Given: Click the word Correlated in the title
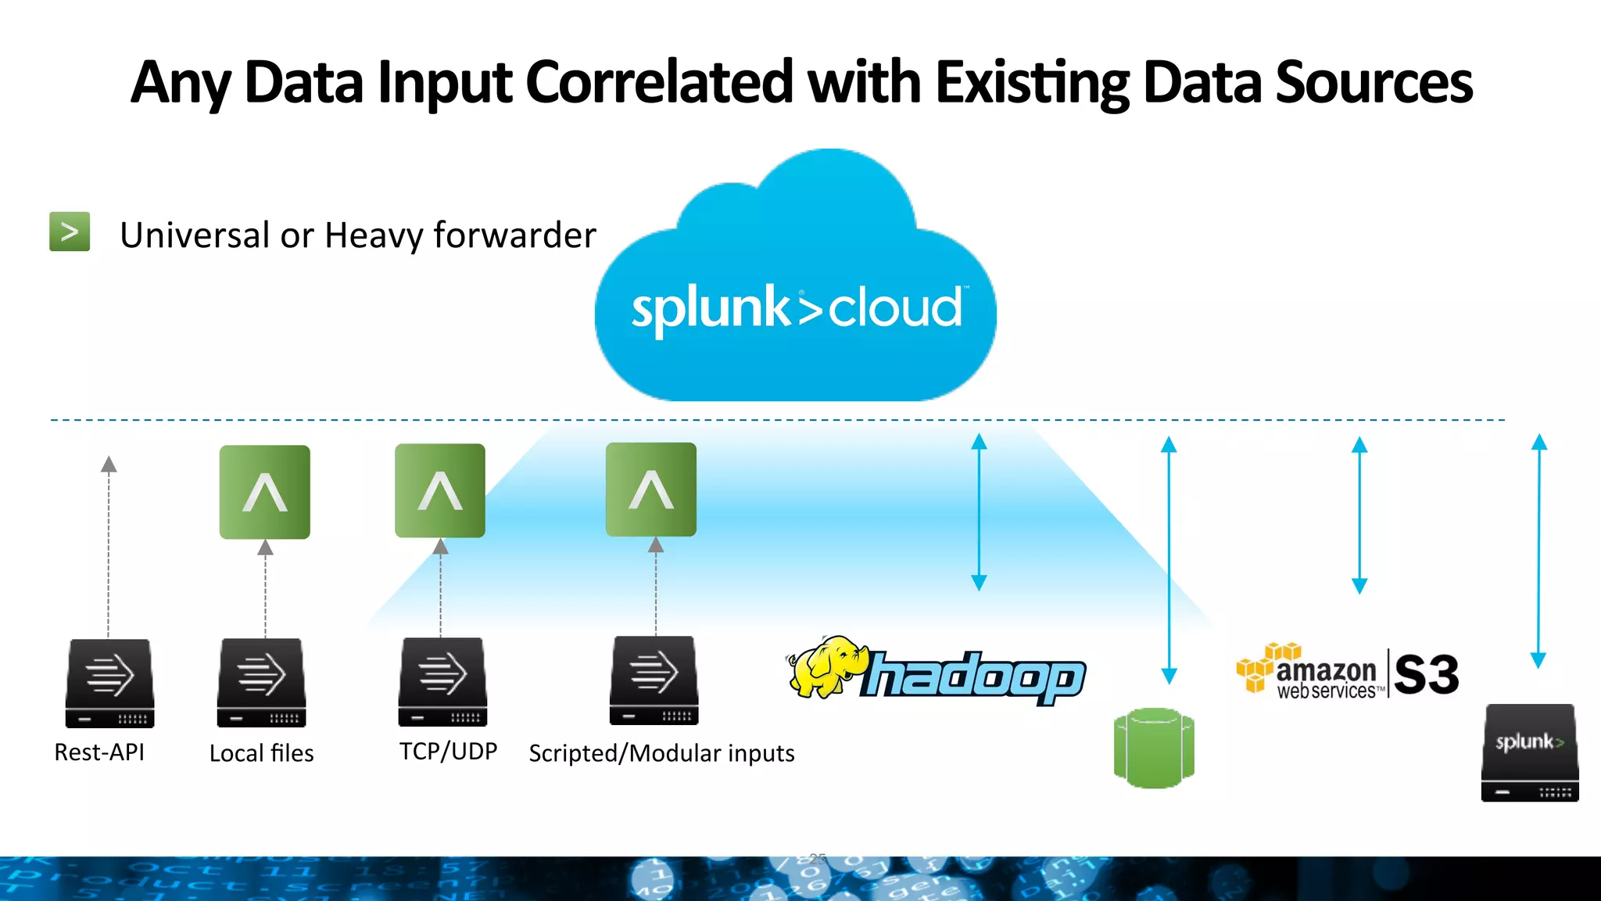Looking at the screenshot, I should pyautogui.click(x=659, y=82).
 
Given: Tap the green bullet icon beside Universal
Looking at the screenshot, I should pyautogui.click(x=70, y=232).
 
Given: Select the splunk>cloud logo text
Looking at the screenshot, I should pyautogui.click(x=797, y=308).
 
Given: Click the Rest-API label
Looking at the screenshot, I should pyautogui.click(x=99, y=752).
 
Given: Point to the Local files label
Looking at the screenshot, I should pyautogui.click(x=261, y=753).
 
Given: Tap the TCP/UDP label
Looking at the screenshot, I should pyautogui.click(x=448, y=751).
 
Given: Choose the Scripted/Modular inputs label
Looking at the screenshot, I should pyautogui.click(x=661, y=753).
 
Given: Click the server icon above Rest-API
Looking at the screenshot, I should pyautogui.click(x=109, y=683).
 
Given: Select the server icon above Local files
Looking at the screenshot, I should pyautogui.click(x=261, y=682).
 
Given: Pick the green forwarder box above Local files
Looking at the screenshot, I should pyautogui.click(x=264, y=492).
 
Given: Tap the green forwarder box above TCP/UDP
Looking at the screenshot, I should pyautogui.click(x=440, y=490).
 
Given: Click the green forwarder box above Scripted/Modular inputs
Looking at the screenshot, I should pyautogui.click(x=651, y=490).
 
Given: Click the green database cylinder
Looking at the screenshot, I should pyautogui.click(x=1154, y=748).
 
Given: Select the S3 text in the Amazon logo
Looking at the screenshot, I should pyautogui.click(x=1426, y=674).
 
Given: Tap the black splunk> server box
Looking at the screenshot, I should pyautogui.click(x=1530, y=752).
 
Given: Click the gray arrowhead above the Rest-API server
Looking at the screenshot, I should pyautogui.click(x=109, y=465).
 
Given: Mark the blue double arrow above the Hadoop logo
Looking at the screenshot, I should pyautogui.click(x=979, y=512).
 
